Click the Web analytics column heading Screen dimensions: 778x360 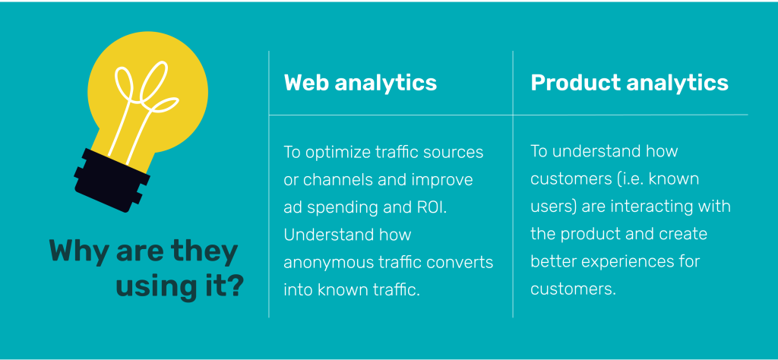tap(360, 83)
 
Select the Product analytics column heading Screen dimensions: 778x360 tap(630, 83)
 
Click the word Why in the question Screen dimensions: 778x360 tap(79, 252)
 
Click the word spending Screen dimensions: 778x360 tap(338, 208)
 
